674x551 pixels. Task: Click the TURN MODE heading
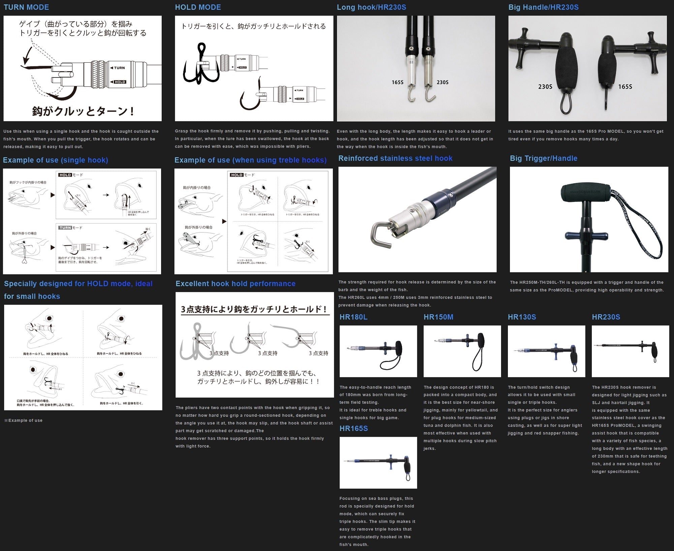coord(26,7)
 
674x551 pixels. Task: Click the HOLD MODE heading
coord(198,7)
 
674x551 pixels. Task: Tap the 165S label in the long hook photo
coord(397,82)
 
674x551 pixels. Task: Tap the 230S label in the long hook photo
coord(442,82)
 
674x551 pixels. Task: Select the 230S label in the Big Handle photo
coord(545,87)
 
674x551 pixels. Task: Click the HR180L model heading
coord(354,317)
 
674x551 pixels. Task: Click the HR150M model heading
coord(438,317)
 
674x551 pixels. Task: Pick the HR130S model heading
coord(522,317)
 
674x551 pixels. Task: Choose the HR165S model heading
coord(354,429)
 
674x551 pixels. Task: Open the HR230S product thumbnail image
coord(630,351)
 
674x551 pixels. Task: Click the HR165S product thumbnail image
coord(378,463)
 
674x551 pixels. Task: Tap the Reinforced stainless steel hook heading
coord(395,158)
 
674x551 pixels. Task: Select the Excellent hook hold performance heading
coord(236,284)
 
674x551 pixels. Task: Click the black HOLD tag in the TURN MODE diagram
coord(120,82)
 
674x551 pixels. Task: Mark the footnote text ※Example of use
coord(23,421)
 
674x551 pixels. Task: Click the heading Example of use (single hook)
coord(56,160)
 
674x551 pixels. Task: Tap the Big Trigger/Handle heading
coord(544,158)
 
